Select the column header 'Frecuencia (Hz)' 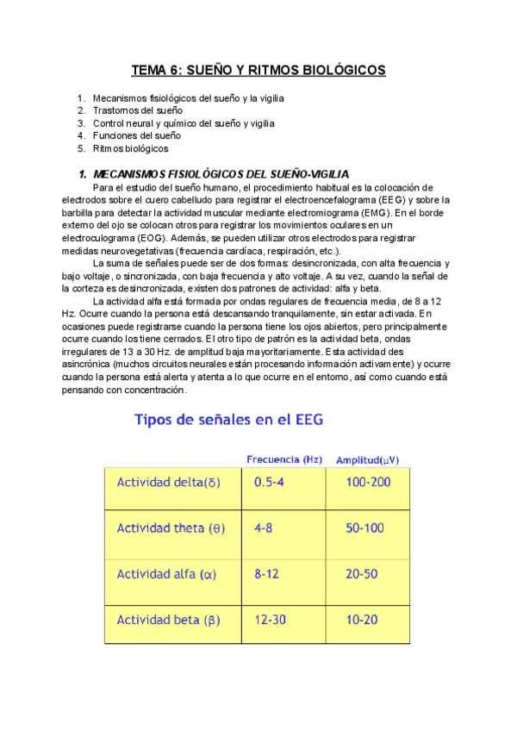284,459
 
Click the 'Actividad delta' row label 169,482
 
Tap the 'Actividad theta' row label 171,528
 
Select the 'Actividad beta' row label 168,619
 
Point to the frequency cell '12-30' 272,619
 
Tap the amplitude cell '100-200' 368,482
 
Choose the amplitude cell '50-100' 364,528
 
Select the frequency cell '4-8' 264,528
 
